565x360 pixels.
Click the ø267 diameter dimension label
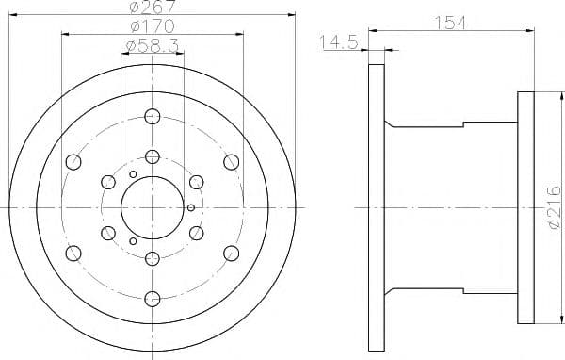click(153, 7)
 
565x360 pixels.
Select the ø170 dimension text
click(153, 26)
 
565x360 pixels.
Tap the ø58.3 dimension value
click(153, 46)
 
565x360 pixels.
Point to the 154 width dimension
click(451, 23)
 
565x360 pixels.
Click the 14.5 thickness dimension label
click(339, 42)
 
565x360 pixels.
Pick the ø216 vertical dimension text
click(555, 207)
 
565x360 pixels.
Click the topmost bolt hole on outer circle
click(152, 117)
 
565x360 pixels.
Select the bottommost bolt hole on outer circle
click(152, 299)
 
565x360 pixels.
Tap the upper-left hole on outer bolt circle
click(73, 162)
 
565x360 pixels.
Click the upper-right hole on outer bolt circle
click(231, 162)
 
